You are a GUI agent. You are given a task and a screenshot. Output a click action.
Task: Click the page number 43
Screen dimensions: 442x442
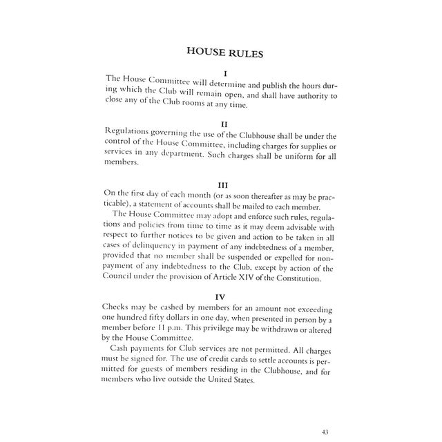pyautogui.click(x=325, y=432)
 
